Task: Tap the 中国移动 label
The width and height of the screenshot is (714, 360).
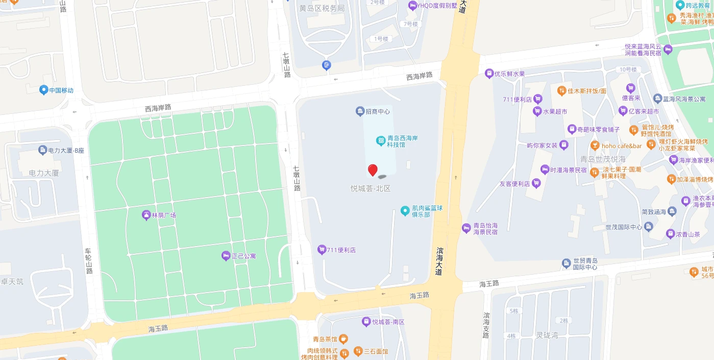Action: (61, 90)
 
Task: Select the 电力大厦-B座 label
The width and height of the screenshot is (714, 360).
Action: (64, 150)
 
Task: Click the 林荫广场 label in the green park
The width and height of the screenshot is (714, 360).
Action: (163, 215)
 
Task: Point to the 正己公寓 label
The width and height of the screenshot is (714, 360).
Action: (243, 256)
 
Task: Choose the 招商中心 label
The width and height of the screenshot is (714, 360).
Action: (378, 111)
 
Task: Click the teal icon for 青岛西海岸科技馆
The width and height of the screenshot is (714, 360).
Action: (380, 140)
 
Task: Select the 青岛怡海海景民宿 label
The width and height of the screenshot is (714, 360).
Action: (485, 228)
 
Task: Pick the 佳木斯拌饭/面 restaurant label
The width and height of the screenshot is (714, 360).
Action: (587, 91)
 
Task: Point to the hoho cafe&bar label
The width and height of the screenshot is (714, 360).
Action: (621, 146)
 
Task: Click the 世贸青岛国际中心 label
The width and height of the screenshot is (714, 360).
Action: (584, 263)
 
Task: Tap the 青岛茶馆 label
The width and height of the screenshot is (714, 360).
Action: (325, 339)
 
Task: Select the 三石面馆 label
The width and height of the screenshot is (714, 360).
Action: (376, 351)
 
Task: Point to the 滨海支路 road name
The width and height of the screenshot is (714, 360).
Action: (486, 325)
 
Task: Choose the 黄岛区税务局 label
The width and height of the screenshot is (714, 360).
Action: (322, 8)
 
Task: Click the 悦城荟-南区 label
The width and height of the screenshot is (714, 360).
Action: (388, 322)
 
